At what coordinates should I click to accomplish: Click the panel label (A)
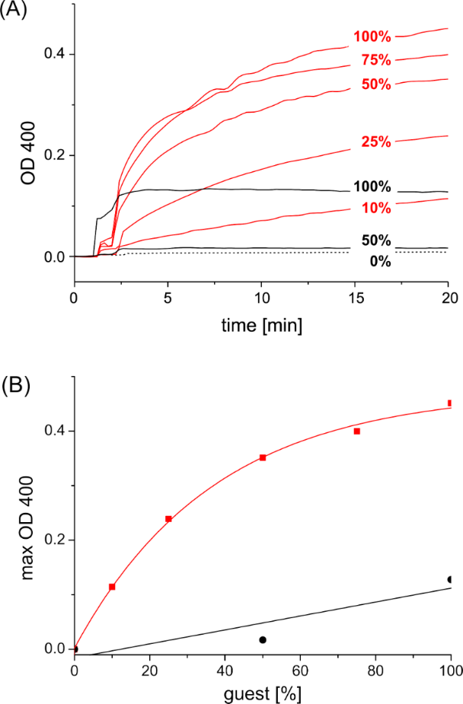tap(15, 14)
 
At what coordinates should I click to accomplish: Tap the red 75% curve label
tap(376, 61)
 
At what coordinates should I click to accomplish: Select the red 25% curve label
tap(376, 142)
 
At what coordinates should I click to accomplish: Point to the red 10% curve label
tap(376, 208)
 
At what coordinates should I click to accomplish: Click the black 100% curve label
tap(372, 187)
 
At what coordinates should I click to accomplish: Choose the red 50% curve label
tap(376, 84)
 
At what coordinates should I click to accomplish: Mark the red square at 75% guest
tap(356, 431)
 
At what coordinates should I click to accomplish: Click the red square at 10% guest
tap(112, 587)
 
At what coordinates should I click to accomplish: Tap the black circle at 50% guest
tap(263, 640)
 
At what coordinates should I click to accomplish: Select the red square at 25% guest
tap(168, 519)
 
